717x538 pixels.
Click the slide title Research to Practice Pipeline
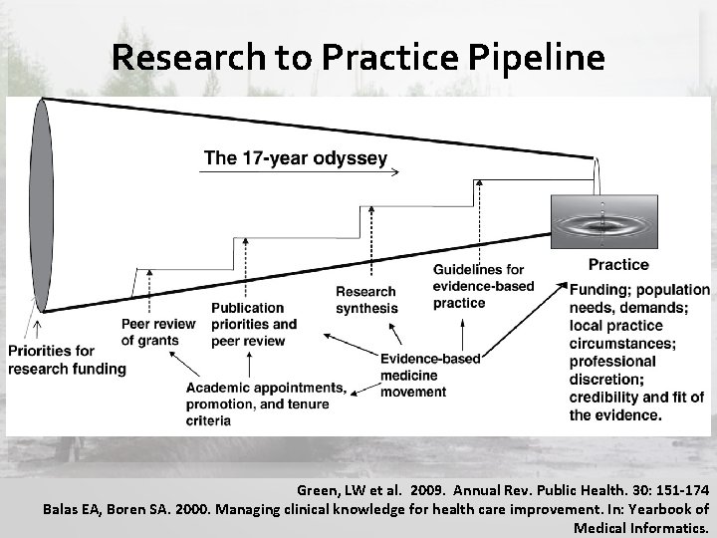coord(358,58)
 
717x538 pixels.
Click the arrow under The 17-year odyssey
coord(299,172)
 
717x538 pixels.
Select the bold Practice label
coord(617,265)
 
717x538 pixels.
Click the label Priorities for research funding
coord(67,360)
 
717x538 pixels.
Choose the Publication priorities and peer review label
coord(253,324)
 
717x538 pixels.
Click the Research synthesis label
coord(365,300)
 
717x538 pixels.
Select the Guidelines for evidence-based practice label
coord(483,286)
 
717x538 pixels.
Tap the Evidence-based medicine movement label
coord(430,375)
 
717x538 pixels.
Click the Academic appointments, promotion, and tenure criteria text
coord(266,403)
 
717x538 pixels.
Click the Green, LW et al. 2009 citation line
coord(502,490)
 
